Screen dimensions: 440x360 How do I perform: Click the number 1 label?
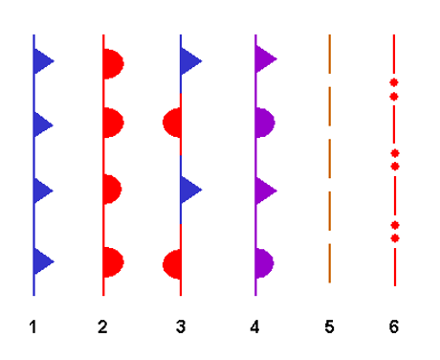click(x=33, y=327)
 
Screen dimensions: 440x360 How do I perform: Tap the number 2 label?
click(x=102, y=327)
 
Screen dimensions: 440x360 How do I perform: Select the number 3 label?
click(x=181, y=327)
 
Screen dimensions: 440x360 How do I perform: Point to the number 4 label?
click(x=254, y=327)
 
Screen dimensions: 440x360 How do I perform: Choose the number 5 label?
click(x=329, y=327)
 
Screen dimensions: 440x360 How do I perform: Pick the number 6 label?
click(x=394, y=327)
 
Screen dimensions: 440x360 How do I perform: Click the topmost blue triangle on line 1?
click(x=43, y=61)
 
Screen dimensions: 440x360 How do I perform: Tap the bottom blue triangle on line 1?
click(x=43, y=261)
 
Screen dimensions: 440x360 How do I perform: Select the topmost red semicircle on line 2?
click(x=113, y=64)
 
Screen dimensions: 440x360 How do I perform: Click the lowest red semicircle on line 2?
click(x=113, y=262)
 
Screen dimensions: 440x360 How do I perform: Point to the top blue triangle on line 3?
click(x=190, y=61)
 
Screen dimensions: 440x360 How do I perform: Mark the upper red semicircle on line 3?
click(x=172, y=123)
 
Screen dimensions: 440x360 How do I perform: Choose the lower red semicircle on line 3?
click(x=172, y=264)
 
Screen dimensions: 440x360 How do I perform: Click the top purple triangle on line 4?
click(x=265, y=59)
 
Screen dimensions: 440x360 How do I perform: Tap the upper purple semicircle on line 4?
click(x=265, y=123)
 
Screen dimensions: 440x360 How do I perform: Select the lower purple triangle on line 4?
click(x=265, y=191)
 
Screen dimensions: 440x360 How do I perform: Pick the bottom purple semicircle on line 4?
click(x=265, y=263)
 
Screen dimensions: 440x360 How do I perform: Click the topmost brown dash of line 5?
click(x=330, y=54)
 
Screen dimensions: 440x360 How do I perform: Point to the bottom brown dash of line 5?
click(x=330, y=263)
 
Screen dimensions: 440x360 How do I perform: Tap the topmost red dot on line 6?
click(x=394, y=82)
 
